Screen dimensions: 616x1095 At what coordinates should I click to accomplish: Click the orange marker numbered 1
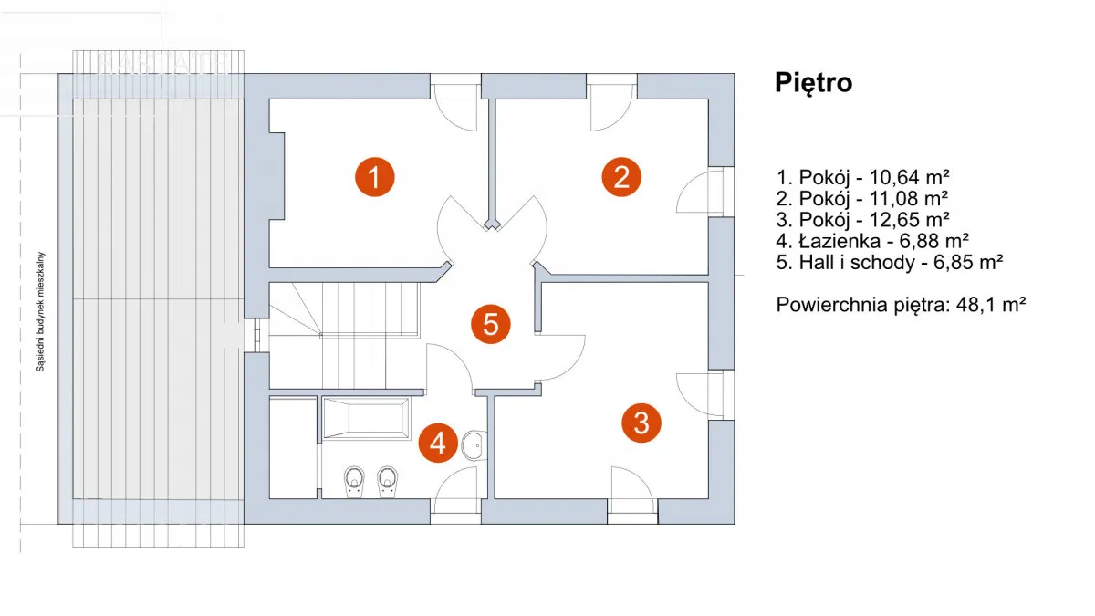point(374,176)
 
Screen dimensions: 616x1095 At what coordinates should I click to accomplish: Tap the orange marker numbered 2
point(621,176)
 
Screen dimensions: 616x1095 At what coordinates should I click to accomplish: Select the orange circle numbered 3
point(641,423)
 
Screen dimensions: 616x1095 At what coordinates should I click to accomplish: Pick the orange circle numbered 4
point(438,444)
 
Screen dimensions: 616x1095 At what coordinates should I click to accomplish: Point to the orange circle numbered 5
point(491,324)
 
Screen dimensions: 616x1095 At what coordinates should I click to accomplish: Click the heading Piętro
point(814,82)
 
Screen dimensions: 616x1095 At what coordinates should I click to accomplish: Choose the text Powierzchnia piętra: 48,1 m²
point(902,305)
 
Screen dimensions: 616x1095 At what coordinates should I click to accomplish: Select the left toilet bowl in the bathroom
point(354,479)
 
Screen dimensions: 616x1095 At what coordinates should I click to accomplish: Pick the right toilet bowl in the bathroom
point(388,479)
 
